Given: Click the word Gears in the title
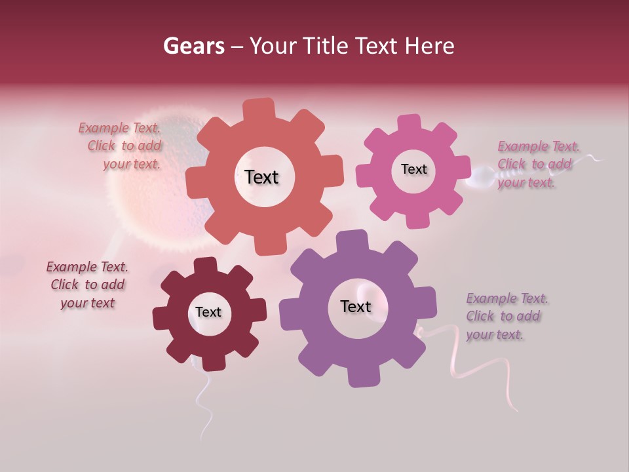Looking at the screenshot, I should [194, 46].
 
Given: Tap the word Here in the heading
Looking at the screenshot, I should [429, 46].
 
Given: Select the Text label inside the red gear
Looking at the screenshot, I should [261, 177].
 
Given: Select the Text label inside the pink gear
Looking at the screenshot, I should [413, 169].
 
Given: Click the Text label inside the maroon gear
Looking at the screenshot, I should [208, 312].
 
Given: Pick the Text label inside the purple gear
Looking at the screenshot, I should [356, 306].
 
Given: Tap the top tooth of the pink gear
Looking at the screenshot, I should [410, 124].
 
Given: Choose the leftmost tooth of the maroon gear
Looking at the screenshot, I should [161, 317].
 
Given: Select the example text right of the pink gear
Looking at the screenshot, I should [537, 164].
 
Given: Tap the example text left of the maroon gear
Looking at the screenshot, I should [87, 285].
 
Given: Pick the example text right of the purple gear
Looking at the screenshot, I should [506, 317].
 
